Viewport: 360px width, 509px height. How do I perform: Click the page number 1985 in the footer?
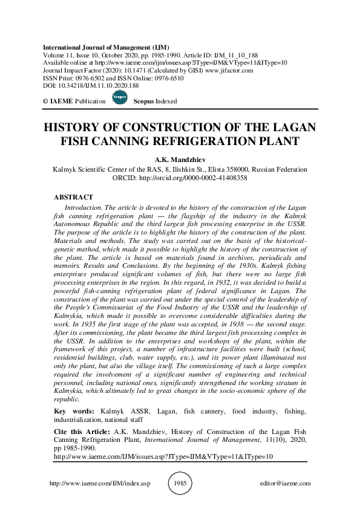point(180,484)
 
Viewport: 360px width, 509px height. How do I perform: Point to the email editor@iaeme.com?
point(284,484)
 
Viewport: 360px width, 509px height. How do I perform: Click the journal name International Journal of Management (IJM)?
point(106,47)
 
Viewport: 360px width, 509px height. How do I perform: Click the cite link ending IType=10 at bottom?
point(163,458)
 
